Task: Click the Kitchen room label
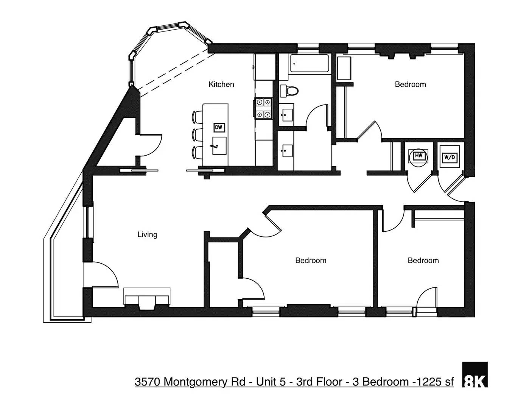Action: pyautogui.click(x=221, y=84)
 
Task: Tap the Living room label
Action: pyautogui.click(x=147, y=235)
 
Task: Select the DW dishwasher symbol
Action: pyautogui.click(x=219, y=128)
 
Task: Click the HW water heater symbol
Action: pyautogui.click(x=418, y=156)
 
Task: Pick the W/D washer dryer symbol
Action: pyautogui.click(x=449, y=157)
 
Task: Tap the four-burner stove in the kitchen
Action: pyautogui.click(x=263, y=108)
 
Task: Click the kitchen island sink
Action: pyautogui.click(x=219, y=146)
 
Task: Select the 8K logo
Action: pyautogui.click(x=475, y=375)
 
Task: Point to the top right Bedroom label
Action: pyautogui.click(x=410, y=84)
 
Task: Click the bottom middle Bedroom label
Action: pyautogui.click(x=311, y=261)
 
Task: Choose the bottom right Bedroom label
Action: pyautogui.click(x=423, y=261)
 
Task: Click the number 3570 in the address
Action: pyautogui.click(x=148, y=382)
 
